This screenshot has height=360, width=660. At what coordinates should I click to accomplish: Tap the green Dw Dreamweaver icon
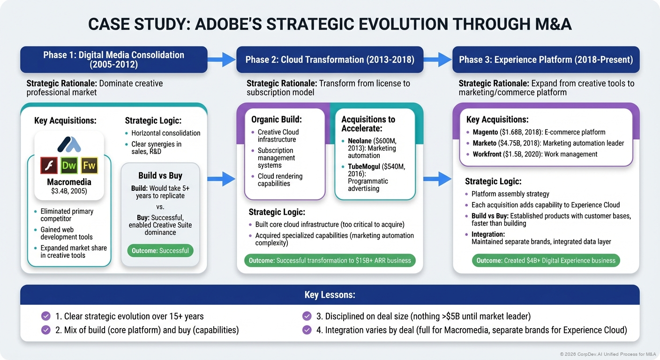[69, 165]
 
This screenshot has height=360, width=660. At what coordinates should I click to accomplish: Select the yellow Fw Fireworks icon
[89, 165]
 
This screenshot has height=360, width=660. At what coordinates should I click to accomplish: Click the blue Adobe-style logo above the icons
[69, 144]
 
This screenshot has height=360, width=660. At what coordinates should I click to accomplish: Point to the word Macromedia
[69, 182]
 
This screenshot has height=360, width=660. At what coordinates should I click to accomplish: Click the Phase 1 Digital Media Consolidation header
[113, 60]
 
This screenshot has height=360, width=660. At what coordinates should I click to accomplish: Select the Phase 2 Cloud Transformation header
[330, 60]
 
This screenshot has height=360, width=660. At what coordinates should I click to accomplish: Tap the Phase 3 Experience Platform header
[546, 60]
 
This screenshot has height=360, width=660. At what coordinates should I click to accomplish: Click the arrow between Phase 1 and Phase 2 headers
[222, 60]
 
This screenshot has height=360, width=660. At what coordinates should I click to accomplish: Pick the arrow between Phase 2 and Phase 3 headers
[438, 60]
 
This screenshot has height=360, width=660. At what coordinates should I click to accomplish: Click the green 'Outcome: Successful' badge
[160, 250]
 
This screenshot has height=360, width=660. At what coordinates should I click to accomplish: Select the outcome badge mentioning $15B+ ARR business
[330, 261]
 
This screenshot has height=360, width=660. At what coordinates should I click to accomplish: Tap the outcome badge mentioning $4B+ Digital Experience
[546, 261]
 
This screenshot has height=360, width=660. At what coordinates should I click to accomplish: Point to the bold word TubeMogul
[364, 166]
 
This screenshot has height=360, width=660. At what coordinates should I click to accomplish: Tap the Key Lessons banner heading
[330, 295]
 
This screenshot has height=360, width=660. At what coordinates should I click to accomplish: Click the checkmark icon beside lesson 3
[307, 316]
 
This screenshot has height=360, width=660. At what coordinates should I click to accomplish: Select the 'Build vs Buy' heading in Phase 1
[160, 175]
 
